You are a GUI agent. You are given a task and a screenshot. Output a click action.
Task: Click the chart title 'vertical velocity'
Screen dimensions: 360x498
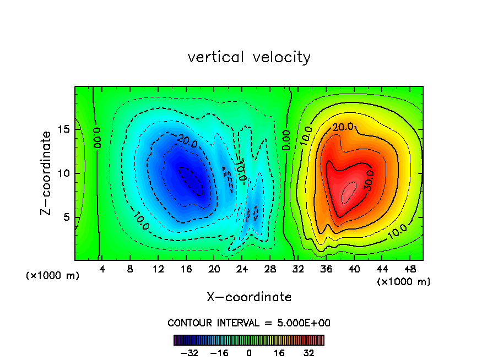click(x=249, y=57)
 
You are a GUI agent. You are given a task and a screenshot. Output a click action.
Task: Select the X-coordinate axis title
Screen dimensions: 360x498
click(x=249, y=297)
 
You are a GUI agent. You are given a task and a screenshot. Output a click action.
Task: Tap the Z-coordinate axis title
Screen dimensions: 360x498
click(x=48, y=173)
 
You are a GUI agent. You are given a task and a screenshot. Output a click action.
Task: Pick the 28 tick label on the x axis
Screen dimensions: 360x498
click(x=270, y=269)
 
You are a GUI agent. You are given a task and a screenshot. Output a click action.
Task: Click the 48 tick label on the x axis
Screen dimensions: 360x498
click(x=409, y=269)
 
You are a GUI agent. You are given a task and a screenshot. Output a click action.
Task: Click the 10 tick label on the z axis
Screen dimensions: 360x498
click(x=64, y=173)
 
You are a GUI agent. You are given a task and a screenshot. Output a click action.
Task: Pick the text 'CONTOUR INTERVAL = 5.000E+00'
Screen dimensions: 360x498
click(x=249, y=323)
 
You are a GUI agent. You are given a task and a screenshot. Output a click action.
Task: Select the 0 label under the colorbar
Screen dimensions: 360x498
click(x=249, y=353)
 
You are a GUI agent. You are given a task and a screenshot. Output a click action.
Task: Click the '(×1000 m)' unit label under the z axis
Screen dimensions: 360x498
click(x=53, y=276)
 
